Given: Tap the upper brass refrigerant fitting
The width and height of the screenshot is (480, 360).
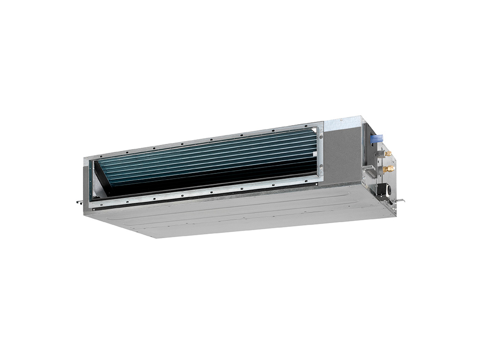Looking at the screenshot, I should coord(388,153).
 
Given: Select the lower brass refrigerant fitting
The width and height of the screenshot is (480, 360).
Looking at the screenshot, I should coord(387,168).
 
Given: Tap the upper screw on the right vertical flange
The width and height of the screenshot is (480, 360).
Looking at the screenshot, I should coord(321,136).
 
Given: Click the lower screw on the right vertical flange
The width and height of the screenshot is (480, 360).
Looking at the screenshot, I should coord(321,171).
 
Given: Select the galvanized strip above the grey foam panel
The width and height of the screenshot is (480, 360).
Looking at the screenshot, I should coord(342,123).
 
